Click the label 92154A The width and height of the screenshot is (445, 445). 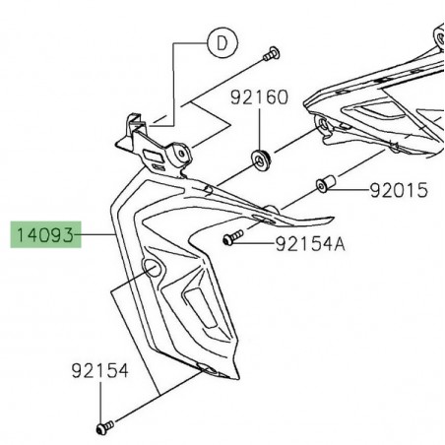point(310,242)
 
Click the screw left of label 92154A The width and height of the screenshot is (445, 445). point(232,238)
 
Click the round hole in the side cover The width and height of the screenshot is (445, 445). point(151,270)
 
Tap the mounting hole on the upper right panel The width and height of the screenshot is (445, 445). point(322,124)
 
